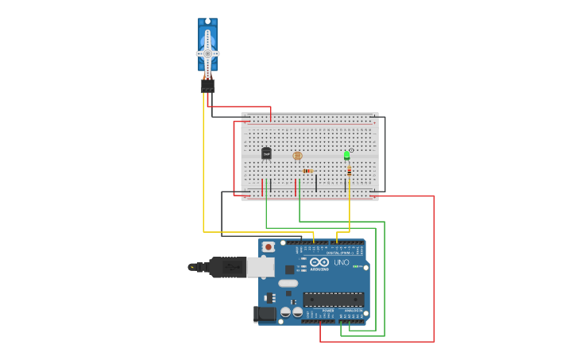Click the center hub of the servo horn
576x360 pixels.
(x=207, y=53)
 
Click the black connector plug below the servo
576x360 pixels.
(x=207, y=86)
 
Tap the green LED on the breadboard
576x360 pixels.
(x=346, y=154)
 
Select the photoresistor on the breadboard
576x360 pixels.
(x=298, y=156)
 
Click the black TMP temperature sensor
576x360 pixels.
(x=266, y=153)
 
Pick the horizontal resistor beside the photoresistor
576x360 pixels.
(x=307, y=171)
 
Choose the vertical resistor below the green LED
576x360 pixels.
(x=349, y=170)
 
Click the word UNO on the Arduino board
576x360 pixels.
(x=341, y=262)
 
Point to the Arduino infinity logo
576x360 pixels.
(x=319, y=261)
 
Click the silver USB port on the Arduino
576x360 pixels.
(x=260, y=267)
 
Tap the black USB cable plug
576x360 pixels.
(x=227, y=267)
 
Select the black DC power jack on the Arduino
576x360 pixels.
(x=265, y=314)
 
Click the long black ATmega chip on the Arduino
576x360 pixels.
(x=333, y=300)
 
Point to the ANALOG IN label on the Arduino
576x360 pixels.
(x=354, y=310)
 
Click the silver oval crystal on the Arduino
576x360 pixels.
(x=288, y=283)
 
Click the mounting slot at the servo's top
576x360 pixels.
(x=207, y=21)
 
